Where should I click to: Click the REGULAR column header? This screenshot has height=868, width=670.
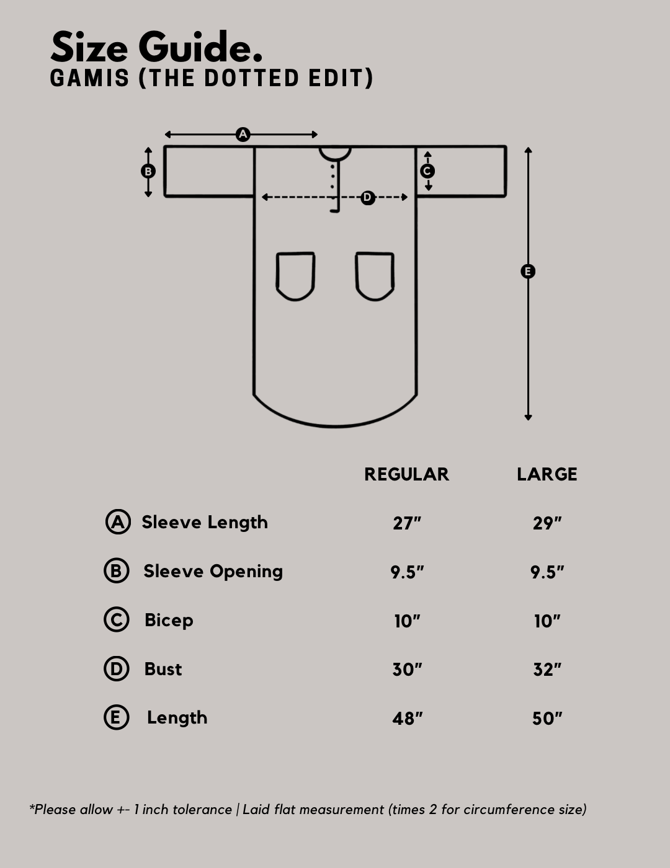407,474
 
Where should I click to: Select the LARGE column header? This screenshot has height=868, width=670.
547,474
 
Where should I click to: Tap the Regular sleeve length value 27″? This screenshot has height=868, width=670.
407,523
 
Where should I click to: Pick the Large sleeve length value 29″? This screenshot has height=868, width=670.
547,523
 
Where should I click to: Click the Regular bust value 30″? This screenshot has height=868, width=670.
407,670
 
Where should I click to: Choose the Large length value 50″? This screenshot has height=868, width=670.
547,718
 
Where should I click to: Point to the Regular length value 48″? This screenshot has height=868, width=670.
407,718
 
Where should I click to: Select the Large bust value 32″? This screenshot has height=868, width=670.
547,670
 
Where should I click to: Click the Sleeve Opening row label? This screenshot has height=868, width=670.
213,572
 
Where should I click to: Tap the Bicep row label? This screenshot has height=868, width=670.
169,621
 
